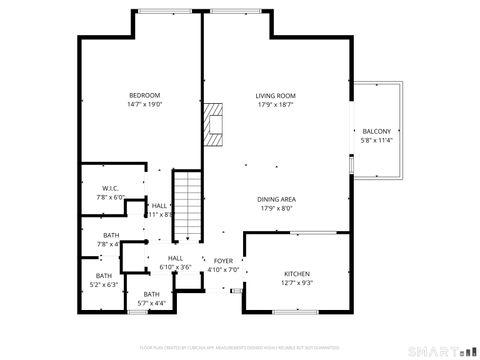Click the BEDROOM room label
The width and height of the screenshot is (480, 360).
coord(144,95)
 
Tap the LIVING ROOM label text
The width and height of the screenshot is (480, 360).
coord(277,95)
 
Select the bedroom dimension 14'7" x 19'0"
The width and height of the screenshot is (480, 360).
coord(144,104)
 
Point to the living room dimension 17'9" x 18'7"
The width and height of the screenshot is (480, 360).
coord(277,104)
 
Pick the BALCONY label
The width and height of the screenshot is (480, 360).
coord(377,131)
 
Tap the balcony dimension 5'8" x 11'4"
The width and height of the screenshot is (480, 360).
coord(377,140)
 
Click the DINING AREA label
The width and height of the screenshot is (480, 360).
coord(277,199)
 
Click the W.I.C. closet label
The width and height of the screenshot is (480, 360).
coord(110,188)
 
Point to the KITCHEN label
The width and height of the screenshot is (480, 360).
coord(297,274)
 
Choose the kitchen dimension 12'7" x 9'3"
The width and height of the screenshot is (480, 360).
coord(297,283)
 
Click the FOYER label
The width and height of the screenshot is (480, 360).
coord(223,260)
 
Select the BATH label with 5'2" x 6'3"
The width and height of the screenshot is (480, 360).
coord(104,276)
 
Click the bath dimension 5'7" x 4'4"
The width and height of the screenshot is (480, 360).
coord(150,303)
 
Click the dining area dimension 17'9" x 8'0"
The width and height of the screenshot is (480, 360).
coord(277,208)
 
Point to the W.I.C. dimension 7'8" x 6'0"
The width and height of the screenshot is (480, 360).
coord(110,197)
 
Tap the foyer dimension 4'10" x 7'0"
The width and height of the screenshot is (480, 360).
coord(223,269)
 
